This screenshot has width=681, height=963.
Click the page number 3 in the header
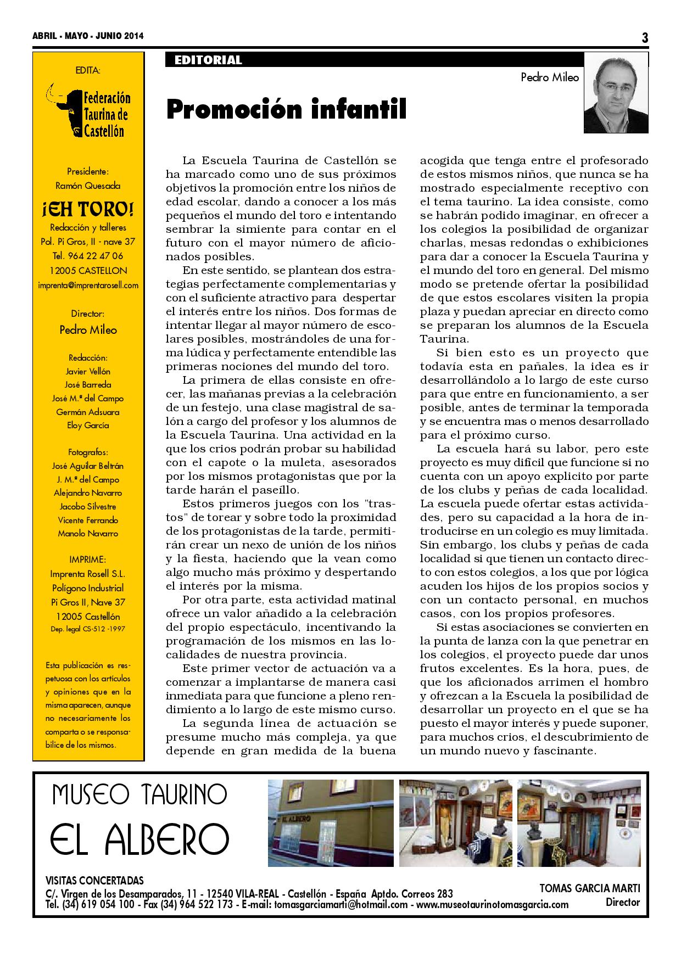[644, 37]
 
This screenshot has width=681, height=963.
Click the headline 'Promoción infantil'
[286, 109]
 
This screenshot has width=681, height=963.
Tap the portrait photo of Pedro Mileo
[616, 93]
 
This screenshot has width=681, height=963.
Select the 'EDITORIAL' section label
[208, 60]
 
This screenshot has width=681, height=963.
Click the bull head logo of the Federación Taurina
[64, 110]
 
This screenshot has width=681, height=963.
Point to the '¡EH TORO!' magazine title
[88, 209]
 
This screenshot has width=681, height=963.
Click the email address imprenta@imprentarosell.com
[88, 285]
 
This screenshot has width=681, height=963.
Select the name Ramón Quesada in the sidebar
[88, 186]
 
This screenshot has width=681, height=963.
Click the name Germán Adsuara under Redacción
[88, 412]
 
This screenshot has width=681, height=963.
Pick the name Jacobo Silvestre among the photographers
[88, 506]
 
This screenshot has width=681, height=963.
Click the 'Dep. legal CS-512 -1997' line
[88, 629]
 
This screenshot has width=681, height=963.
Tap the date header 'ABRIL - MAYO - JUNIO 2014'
[88, 36]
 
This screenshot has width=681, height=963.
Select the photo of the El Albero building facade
[331, 823]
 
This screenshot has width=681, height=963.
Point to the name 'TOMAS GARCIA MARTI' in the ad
[590, 888]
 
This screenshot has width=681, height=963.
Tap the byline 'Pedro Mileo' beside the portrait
[550, 77]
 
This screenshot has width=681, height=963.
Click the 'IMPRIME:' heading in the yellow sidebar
[88, 559]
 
